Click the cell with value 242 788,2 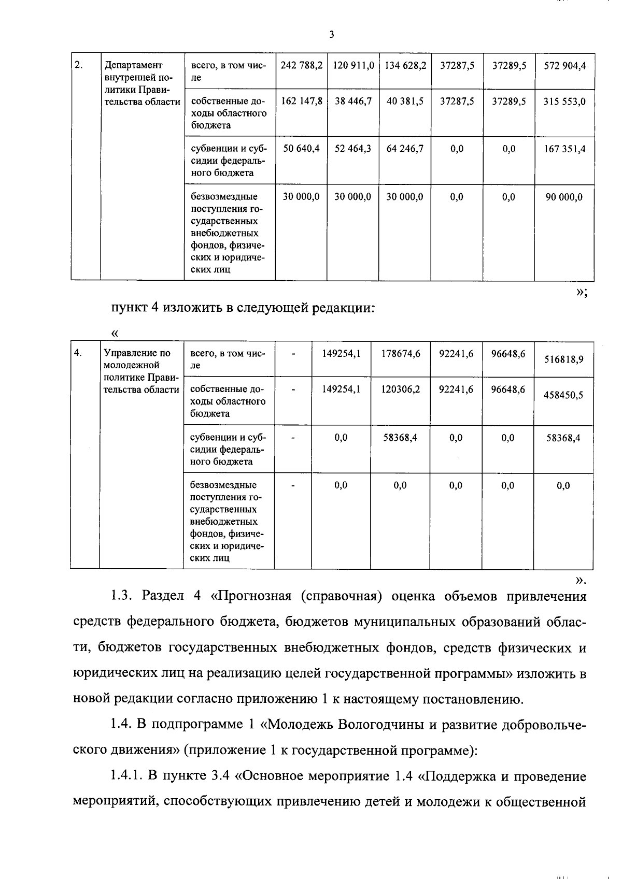coord(301,66)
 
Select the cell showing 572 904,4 coord(564,66)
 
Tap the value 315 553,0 coord(564,102)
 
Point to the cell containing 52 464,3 coord(353,149)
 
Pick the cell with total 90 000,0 coord(564,197)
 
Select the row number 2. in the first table coord(79,65)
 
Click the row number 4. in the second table coord(78,353)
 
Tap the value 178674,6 coord(401,354)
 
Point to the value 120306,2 coord(401,389)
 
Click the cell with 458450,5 coord(563,395)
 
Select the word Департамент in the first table coord(133,66)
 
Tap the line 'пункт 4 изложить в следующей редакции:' coord(243,308)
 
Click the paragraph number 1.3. coord(123,597)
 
